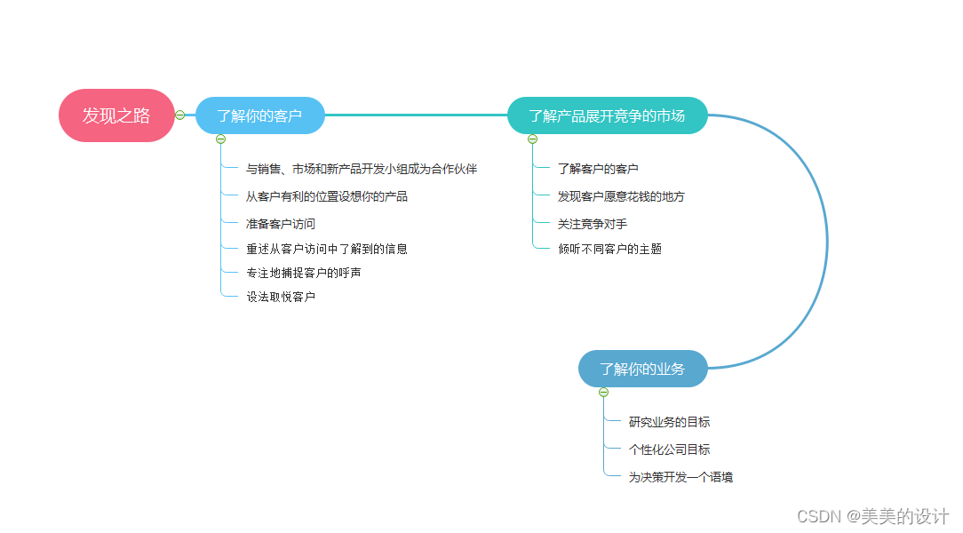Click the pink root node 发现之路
(x=116, y=115)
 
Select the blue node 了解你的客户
(x=259, y=115)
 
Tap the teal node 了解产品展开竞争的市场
(x=607, y=115)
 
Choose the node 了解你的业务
(x=642, y=369)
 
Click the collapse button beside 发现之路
(x=180, y=115)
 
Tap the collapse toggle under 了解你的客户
(x=221, y=139)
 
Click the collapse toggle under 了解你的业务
(x=604, y=392)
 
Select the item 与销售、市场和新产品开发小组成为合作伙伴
(x=362, y=169)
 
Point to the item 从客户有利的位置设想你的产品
(x=327, y=196)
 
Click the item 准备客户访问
(x=281, y=224)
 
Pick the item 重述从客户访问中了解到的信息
(x=327, y=249)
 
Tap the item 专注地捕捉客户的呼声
(x=304, y=273)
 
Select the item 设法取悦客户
(x=281, y=297)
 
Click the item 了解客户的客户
(x=598, y=169)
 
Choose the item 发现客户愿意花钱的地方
(x=621, y=196)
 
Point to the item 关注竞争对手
(x=593, y=224)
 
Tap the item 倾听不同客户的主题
(x=609, y=249)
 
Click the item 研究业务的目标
(x=669, y=422)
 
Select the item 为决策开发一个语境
(x=680, y=477)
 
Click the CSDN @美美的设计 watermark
(x=872, y=516)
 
